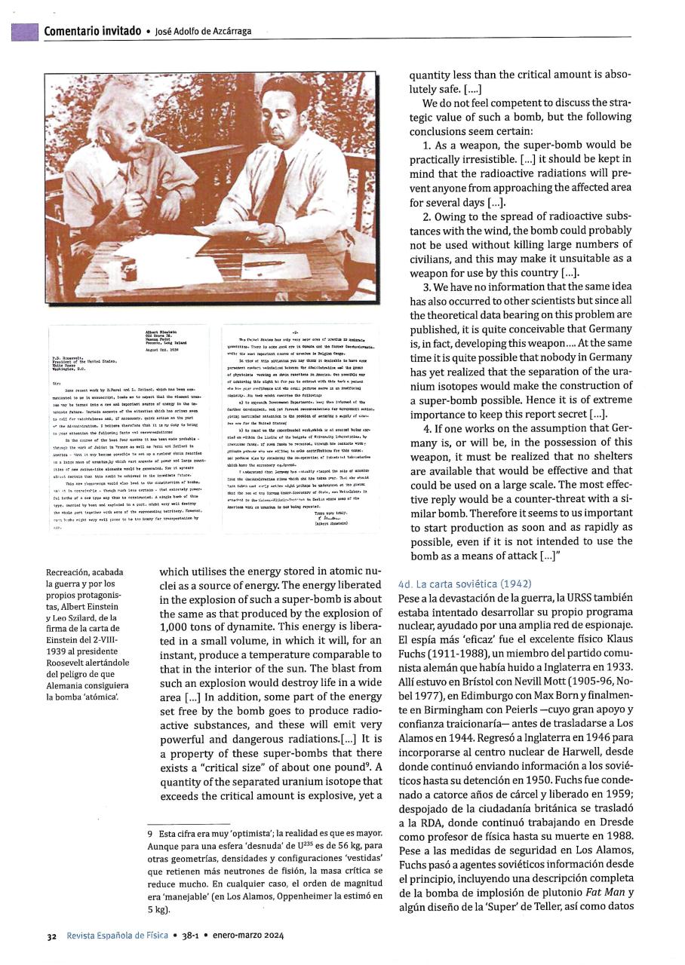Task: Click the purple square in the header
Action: coord(24,32)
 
